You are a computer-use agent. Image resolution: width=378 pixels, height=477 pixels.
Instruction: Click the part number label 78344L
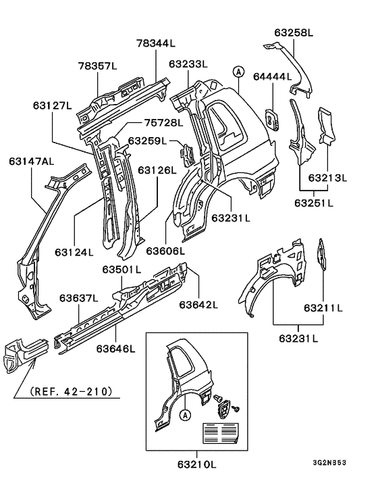click(x=155, y=43)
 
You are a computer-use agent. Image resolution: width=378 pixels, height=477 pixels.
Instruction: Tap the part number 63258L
click(x=294, y=32)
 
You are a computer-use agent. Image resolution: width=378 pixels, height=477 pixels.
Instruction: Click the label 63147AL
click(x=31, y=161)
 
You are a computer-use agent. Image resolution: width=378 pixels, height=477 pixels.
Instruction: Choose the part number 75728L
click(x=163, y=123)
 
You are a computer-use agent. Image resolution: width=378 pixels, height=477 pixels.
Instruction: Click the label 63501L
click(x=122, y=270)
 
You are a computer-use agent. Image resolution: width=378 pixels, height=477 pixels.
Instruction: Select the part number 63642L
click(x=198, y=305)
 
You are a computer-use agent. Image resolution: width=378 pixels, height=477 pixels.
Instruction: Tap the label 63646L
click(x=115, y=349)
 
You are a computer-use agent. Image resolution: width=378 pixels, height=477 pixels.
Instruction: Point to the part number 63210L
click(x=196, y=464)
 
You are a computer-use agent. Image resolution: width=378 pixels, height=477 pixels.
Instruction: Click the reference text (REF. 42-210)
click(x=71, y=391)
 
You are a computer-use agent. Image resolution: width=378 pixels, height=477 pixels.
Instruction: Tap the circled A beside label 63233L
click(x=238, y=70)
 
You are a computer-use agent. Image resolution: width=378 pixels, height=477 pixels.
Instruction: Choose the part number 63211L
click(x=323, y=308)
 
